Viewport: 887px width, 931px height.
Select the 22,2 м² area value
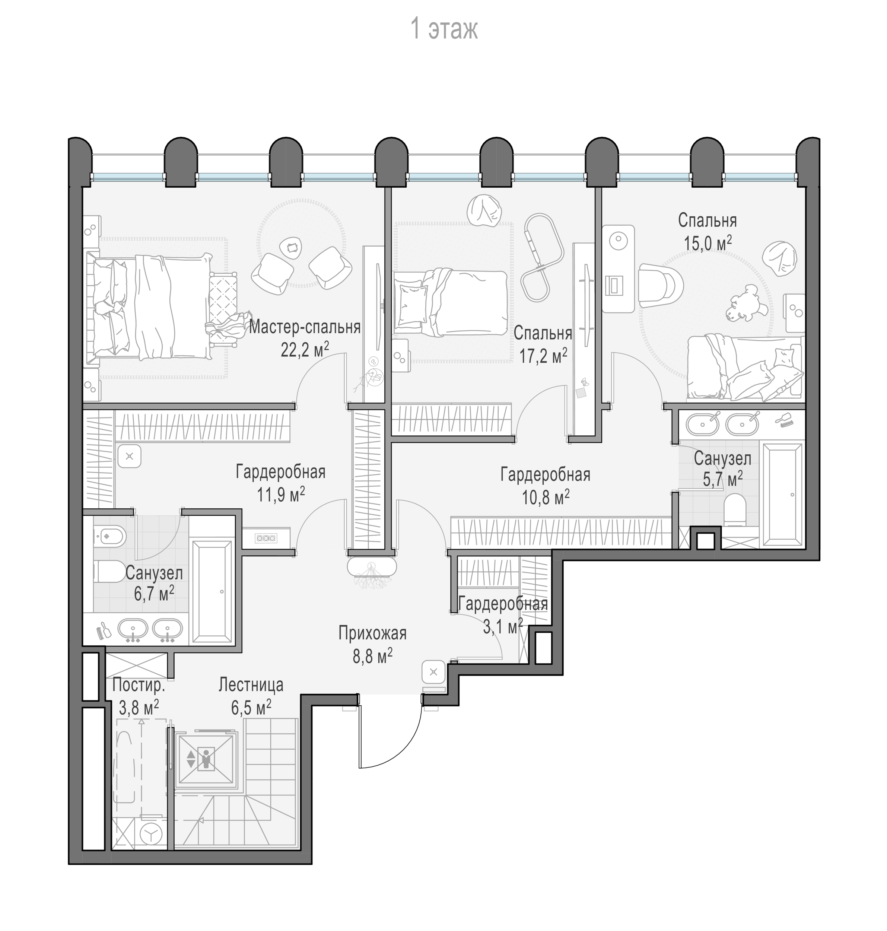[x=305, y=350]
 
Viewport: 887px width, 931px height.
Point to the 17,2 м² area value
[x=543, y=356]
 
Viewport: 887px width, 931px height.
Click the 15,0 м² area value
[x=708, y=244]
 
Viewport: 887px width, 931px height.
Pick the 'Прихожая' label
[x=373, y=633]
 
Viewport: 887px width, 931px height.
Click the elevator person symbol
[x=206, y=759]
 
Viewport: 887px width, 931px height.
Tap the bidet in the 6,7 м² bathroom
[x=109, y=537]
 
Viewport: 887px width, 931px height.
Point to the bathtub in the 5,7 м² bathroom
[x=782, y=494]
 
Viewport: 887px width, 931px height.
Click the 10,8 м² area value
[x=546, y=497]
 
